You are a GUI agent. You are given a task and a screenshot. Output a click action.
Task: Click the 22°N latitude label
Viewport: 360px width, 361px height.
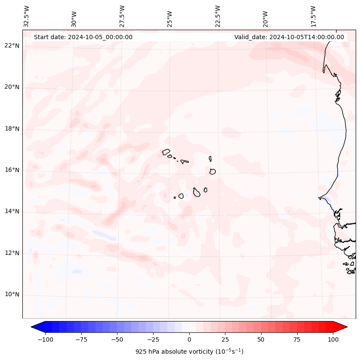(12, 46)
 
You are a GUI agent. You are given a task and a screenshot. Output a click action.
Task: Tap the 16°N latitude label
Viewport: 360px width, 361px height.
(12, 170)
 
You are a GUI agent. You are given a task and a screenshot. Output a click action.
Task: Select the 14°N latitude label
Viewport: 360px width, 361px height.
(12, 211)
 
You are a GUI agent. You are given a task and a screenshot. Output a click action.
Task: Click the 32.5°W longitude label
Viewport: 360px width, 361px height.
(27, 16)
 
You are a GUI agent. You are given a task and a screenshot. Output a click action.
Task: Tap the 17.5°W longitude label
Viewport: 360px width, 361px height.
(313, 16)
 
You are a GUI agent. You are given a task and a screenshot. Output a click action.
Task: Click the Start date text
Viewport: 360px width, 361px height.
(83, 37)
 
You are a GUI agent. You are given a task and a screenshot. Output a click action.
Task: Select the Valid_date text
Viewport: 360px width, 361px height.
(289, 37)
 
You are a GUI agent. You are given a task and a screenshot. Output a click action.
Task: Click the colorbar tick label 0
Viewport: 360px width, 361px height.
(189, 339)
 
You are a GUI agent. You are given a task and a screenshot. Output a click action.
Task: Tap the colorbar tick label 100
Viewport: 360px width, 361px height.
(333, 339)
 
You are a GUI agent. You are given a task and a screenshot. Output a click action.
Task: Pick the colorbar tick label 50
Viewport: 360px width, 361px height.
(261, 339)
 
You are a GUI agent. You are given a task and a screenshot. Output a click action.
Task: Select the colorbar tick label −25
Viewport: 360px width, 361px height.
(153, 339)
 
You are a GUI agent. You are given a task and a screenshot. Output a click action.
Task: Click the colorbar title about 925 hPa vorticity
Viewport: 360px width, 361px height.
(189, 352)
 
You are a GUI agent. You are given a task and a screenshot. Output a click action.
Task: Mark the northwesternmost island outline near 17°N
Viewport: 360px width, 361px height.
(166, 152)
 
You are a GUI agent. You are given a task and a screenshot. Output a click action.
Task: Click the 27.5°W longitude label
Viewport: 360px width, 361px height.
(122, 16)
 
